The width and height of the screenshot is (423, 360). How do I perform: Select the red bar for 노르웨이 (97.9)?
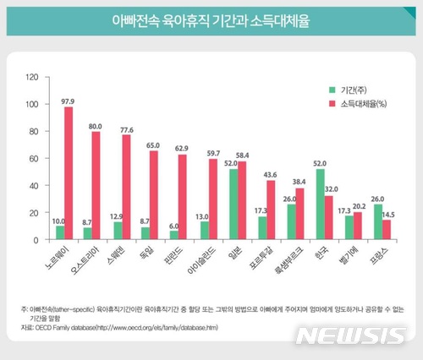pos(69,173)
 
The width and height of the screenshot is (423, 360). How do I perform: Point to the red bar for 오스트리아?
pos(96,186)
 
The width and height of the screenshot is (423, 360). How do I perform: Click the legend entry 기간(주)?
pos(344,89)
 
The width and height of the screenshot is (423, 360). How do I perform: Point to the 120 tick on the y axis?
pos(33,78)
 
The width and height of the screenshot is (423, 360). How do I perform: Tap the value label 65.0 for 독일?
pos(154,145)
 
